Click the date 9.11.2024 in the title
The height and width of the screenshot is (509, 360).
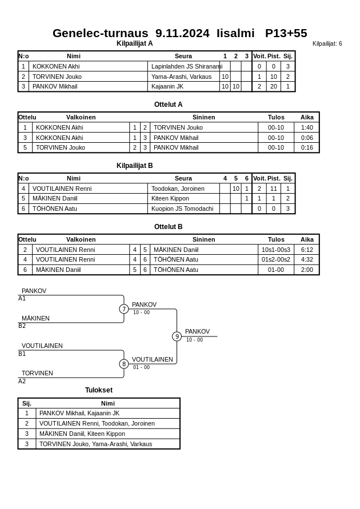(182, 33)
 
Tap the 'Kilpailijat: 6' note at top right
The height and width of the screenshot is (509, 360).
(327, 44)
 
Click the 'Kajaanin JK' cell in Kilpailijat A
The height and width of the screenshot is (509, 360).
(167, 86)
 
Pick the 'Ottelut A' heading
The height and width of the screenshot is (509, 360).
(168, 105)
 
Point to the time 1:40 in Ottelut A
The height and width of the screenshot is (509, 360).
(307, 127)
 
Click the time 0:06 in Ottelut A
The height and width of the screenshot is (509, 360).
(307, 138)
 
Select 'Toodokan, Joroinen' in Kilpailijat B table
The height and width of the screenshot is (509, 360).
(178, 189)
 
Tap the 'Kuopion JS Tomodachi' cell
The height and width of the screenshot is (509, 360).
(182, 209)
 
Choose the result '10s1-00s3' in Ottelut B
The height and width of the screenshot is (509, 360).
(276, 250)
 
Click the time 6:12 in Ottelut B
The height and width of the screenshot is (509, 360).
(307, 250)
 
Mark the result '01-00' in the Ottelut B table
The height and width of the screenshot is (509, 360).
(276, 270)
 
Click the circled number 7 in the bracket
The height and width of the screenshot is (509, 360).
(124, 309)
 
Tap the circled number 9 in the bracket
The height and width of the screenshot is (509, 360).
(177, 336)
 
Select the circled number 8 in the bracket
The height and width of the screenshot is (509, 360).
(124, 364)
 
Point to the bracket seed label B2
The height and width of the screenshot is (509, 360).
(22, 326)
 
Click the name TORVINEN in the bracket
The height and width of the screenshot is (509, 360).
(37, 374)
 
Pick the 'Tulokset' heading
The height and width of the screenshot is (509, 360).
(99, 390)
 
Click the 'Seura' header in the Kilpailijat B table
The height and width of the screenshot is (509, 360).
(183, 178)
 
